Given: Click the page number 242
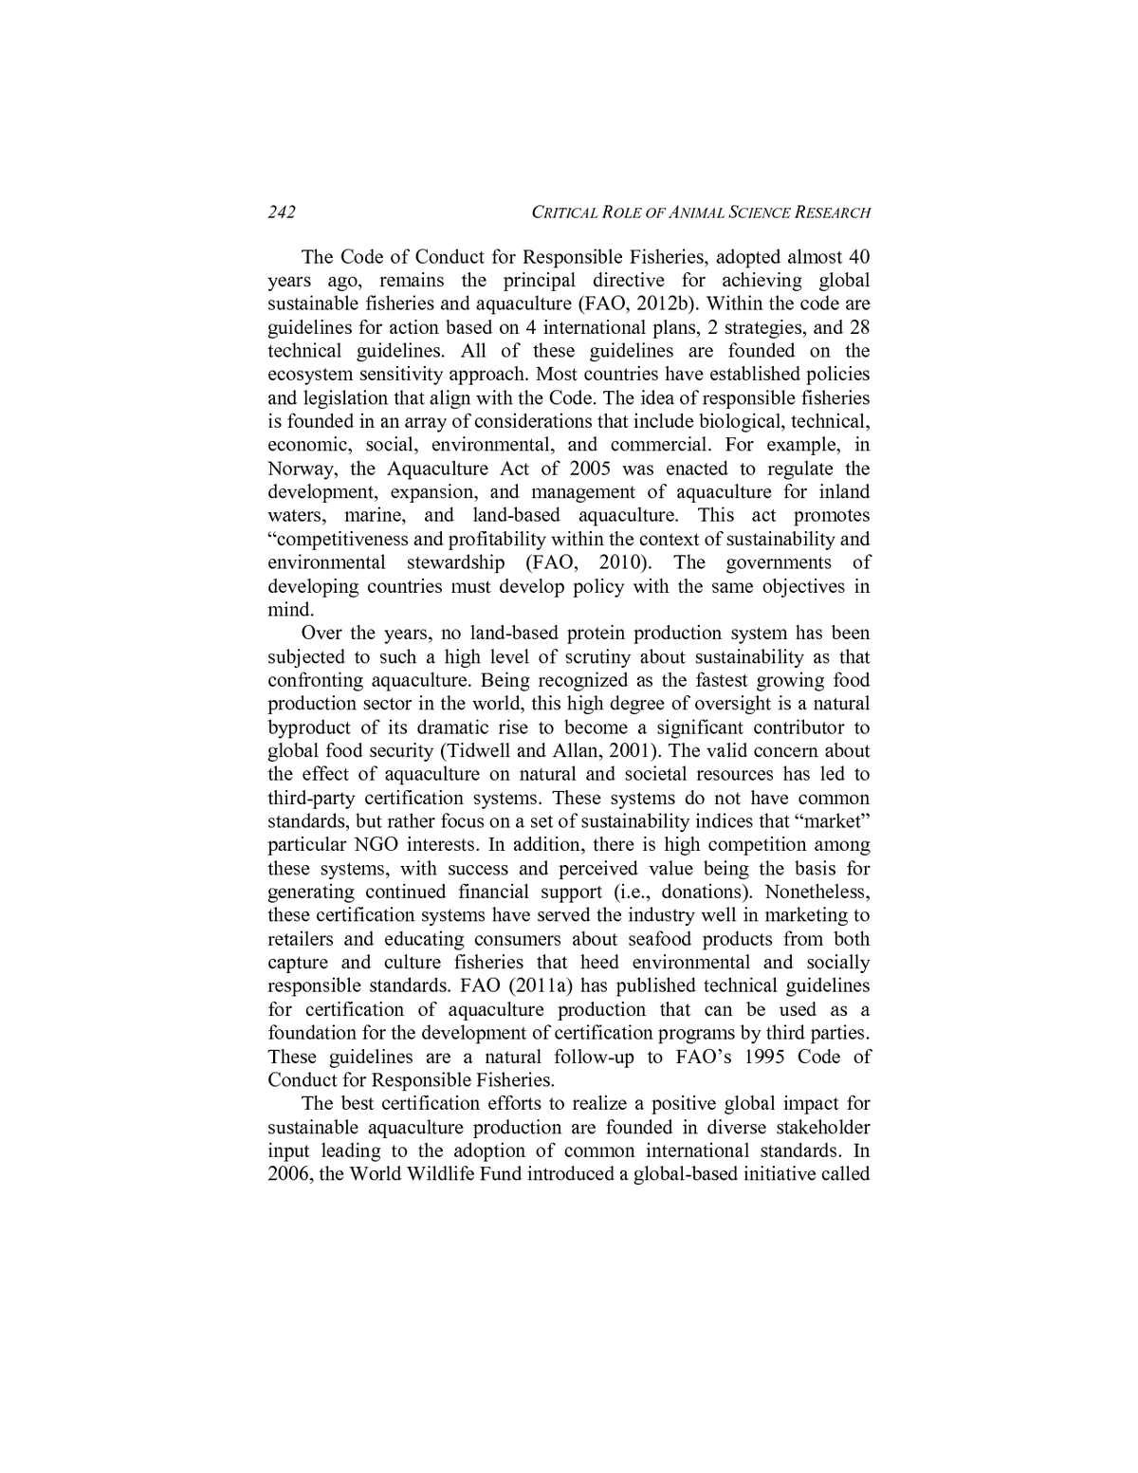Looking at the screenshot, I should pos(282,212).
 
